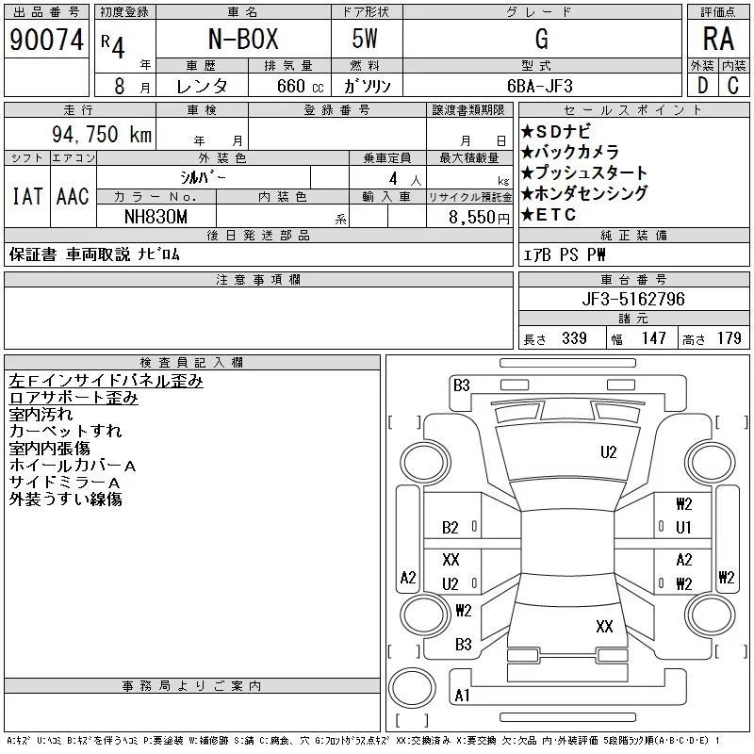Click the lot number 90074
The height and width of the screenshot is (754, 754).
[46, 40]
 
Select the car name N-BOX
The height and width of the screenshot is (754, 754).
[243, 39]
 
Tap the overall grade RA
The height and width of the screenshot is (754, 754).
[718, 39]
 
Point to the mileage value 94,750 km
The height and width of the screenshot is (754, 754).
[102, 134]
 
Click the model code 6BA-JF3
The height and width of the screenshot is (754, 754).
[540, 86]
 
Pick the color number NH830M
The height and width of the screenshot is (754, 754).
[156, 217]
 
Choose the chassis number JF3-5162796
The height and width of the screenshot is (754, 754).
[633, 299]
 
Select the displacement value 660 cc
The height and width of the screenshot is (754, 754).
[300, 87]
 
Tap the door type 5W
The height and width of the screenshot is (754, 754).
[365, 39]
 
